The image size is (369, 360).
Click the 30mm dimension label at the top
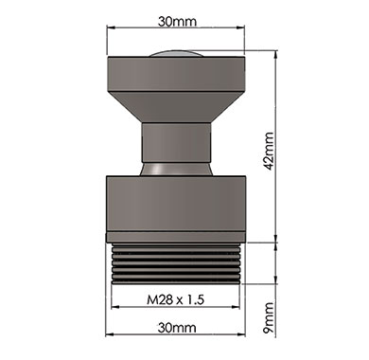click(177, 21)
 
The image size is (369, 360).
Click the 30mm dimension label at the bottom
click(177, 328)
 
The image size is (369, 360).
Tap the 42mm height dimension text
click(269, 151)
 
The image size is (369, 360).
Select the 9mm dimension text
click(269, 318)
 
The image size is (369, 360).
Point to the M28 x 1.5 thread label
click(176, 299)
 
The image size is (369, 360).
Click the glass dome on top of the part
click(175, 54)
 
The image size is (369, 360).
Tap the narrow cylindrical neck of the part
click(176, 142)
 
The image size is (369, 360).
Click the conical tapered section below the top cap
click(176, 107)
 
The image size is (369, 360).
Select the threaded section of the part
click(176, 263)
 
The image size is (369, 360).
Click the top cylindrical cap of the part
click(176, 74)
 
